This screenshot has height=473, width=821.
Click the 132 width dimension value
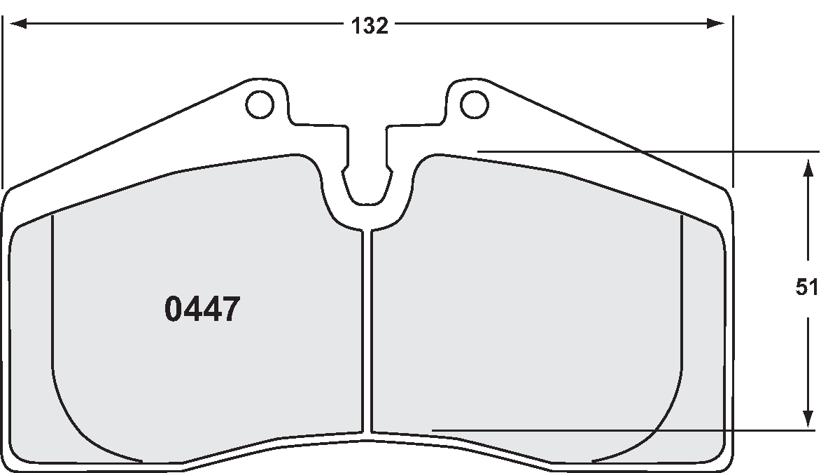pos(369,26)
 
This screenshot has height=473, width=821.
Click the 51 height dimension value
pos(807,287)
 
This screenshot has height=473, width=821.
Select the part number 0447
pos(202,309)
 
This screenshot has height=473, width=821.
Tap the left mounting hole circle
pos(259,104)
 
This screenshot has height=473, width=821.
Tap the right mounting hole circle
pos(474,104)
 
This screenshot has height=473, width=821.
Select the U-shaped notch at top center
pos(366,186)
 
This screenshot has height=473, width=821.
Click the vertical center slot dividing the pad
pos(367,329)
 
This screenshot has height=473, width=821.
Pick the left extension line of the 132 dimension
pos(3,98)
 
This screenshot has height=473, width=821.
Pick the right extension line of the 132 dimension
pos(732,98)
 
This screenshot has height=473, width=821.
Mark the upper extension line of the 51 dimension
pos(644,151)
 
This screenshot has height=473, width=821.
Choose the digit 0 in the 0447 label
pos(174,309)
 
